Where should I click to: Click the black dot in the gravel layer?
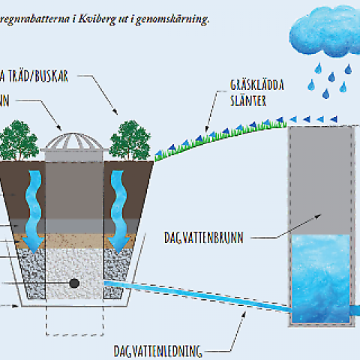[x=75, y=283]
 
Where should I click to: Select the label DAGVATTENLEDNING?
[x=157, y=349]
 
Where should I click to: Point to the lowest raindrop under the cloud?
[x=326, y=94]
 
